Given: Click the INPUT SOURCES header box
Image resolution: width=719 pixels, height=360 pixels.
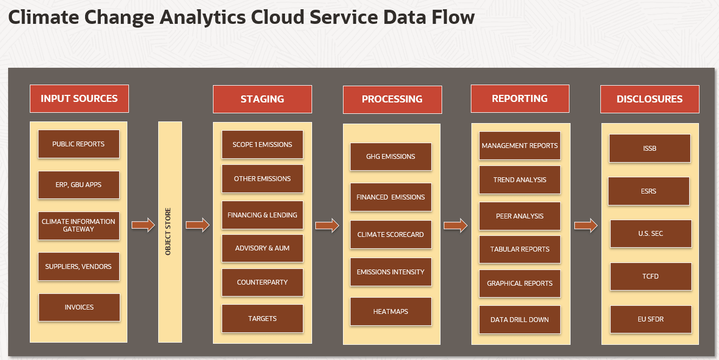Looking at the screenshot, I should click(x=79, y=99).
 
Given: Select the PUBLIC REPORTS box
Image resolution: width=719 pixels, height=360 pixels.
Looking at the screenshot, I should click(x=79, y=144).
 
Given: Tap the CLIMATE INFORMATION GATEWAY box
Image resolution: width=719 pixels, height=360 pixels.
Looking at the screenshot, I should click(x=79, y=226).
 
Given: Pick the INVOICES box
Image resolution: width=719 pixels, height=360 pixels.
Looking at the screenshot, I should click(x=79, y=307).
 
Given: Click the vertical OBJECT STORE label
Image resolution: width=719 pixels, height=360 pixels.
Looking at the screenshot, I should click(x=168, y=232).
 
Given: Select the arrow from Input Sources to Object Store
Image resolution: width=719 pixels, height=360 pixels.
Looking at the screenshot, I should click(x=143, y=225).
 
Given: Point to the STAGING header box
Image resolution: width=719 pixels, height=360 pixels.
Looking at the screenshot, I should click(x=262, y=99).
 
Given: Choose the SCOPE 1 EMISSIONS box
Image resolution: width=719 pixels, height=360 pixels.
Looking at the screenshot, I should click(x=262, y=145).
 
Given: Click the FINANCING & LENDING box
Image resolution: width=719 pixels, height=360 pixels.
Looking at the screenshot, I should click(x=262, y=215).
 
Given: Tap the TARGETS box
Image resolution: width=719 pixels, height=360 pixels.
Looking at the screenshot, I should click(x=262, y=319).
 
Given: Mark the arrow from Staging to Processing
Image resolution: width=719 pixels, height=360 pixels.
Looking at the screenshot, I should click(x=327, y=226).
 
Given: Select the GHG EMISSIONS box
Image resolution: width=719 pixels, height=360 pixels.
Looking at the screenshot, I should click(x=391, y=157).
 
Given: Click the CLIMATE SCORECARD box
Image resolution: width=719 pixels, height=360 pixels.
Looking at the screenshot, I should click(x=391, y=235).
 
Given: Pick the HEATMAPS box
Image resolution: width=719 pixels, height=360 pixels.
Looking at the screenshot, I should click(x=391, y=312).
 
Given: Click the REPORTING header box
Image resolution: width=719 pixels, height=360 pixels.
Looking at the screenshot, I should click(x=520, y=99).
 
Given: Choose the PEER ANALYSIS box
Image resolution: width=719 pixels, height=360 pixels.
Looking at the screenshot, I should click(x=520, y=216).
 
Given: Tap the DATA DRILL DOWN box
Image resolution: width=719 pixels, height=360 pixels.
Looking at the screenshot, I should click(x=520, y=320).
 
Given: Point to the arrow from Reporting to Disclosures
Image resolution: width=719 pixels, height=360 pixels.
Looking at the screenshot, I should click(x=586, y=226).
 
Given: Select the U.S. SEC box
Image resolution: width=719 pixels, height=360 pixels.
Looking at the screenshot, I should click(x=651, y=234).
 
